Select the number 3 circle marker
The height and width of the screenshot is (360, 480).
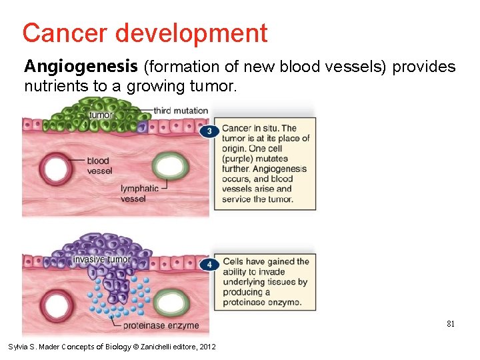[210, 132]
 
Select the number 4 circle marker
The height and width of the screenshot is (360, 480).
[210, 265]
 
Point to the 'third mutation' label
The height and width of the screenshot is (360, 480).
[181, 111]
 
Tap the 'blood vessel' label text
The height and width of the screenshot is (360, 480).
[98, 165]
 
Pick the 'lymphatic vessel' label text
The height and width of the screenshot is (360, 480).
[139, 193]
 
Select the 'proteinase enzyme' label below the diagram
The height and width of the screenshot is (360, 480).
[161, 325]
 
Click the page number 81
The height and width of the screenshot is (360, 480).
[451, 324]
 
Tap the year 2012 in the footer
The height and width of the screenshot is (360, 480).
[207, 347]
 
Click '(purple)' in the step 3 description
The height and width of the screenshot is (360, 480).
[238, 159]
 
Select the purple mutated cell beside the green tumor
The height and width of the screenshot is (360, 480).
[142, 126]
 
